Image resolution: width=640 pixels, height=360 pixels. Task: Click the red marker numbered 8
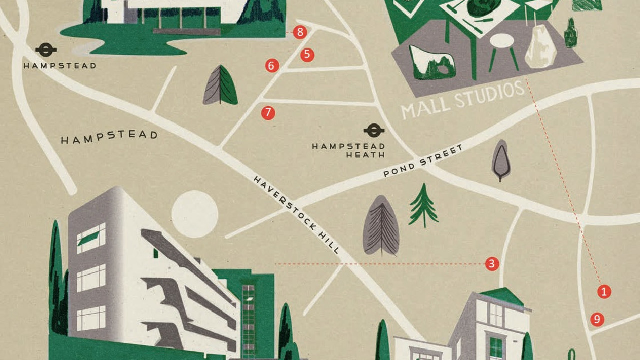coord(300,33)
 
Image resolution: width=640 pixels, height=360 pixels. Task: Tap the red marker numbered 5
coord(307,55)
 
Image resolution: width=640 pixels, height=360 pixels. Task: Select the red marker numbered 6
coord(272,65)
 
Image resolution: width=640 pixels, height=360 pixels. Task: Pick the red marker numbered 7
coord(268,113)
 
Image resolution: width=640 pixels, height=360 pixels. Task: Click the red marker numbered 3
coord(492,264)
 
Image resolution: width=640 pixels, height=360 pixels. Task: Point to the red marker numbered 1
coord(604,291)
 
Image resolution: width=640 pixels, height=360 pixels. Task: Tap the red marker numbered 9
coord(597,319)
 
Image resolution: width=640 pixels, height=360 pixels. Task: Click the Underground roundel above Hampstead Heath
coord(374,131)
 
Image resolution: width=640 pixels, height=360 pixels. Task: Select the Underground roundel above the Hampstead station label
coord(46,50)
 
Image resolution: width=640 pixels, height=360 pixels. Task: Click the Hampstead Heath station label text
coord(348,150)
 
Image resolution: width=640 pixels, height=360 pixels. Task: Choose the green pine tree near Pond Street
coord(423,206)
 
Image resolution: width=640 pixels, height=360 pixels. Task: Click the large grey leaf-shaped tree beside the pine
coord(382,226)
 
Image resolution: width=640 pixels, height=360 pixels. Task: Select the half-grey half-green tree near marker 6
coord(220,86)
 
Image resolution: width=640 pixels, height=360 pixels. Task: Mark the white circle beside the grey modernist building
coord(195,214)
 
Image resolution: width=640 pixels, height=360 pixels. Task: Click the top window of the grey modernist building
coord(91,237)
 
